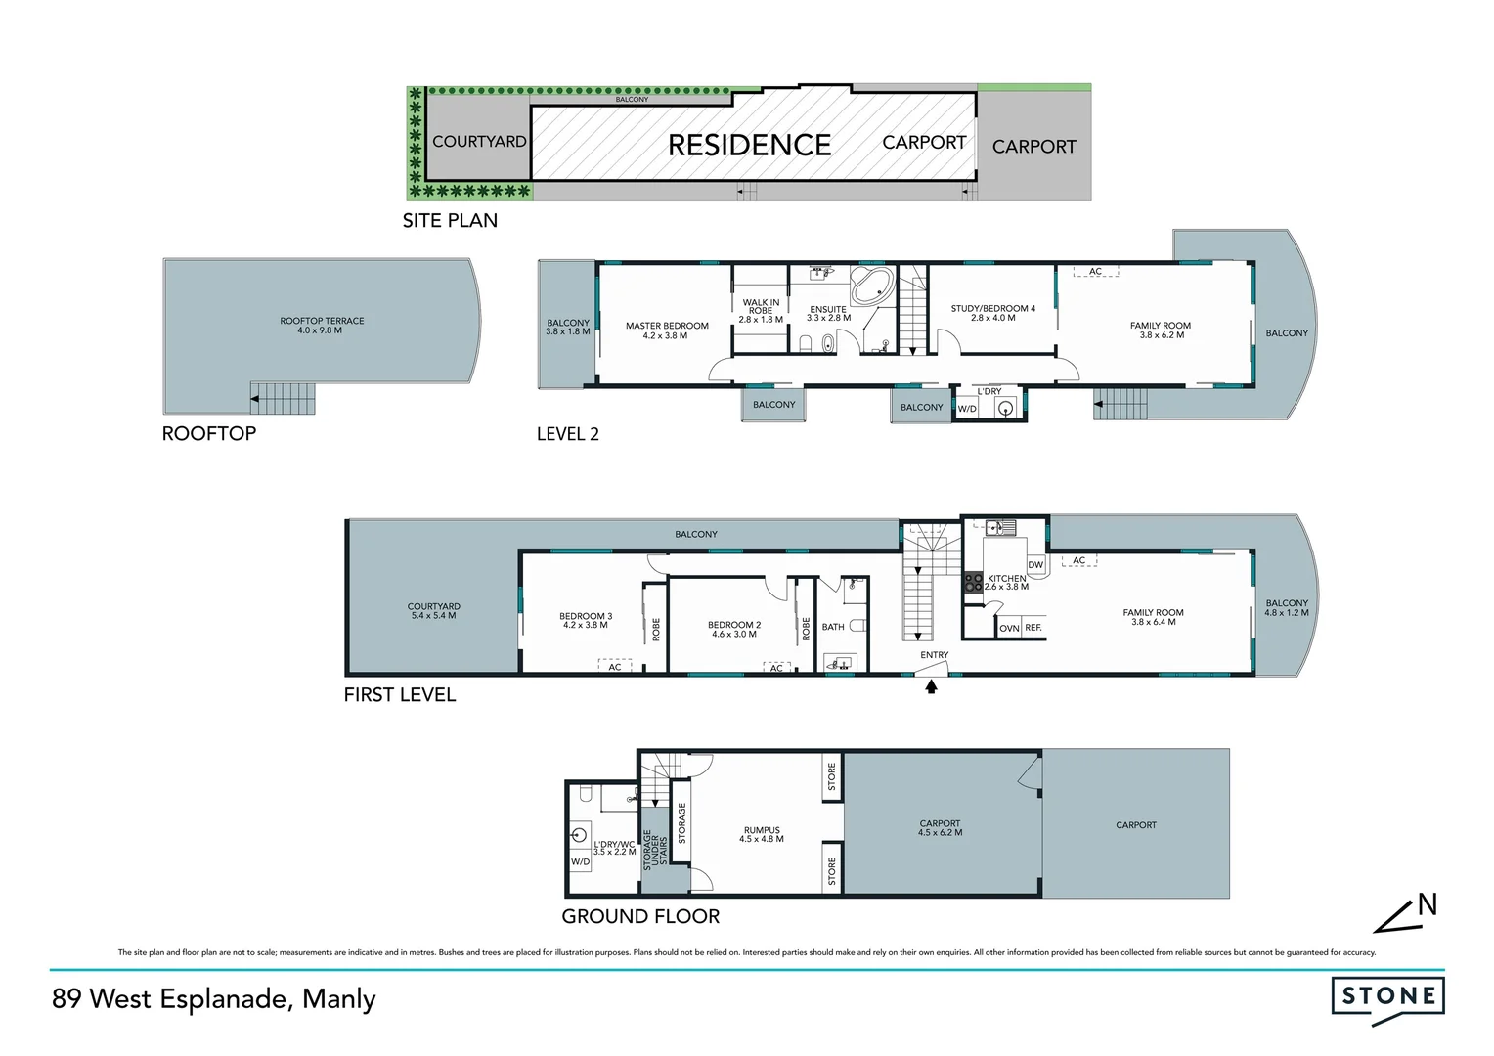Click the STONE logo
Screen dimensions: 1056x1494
(1387, 998)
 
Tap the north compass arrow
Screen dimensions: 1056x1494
(1406, 914)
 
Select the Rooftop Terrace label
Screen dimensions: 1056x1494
(322, 326)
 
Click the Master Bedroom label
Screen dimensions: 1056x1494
(667, 330)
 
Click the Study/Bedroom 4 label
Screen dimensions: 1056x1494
(992, 313)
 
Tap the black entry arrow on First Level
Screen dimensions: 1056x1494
(931, 687)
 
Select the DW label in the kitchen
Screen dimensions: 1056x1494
(1035, 565)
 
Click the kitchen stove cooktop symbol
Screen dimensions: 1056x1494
(973, 583)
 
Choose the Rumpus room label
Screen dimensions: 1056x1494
(762, 834)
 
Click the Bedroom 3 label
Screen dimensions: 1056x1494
(586, 621)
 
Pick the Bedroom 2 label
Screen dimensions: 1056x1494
(733, 629)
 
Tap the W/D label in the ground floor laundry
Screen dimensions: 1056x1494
(580, 861)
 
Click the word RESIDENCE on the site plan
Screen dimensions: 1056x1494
(749, 145)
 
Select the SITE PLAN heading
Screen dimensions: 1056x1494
(450, 221)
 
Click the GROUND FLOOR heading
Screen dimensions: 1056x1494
(640, 916)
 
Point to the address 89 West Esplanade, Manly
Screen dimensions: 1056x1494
(214, 999)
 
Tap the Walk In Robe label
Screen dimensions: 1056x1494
(761, 311)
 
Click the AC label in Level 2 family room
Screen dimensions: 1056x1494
(1095, 272)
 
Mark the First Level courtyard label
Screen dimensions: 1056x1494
(433, 611)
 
